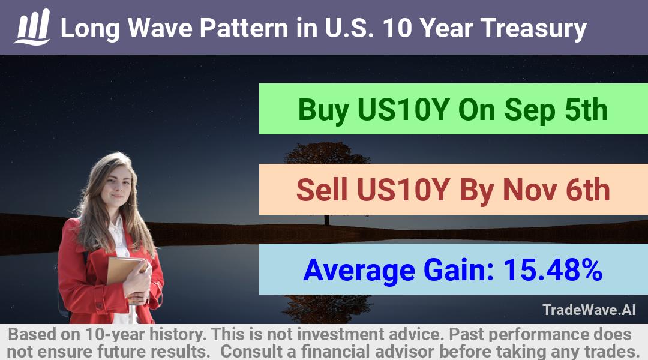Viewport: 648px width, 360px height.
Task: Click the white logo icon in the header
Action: point(32,27)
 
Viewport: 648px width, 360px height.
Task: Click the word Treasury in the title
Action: point(533,29)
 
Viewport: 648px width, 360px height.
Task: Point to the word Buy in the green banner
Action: point(323,110)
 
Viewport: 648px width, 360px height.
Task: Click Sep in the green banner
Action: point(529,111)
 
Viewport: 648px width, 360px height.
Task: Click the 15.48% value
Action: point(553,269)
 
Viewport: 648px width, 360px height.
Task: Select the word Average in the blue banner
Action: point(359,271)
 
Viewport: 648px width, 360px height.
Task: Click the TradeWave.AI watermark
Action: point(589,310)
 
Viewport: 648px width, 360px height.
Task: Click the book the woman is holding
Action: point(124,271)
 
